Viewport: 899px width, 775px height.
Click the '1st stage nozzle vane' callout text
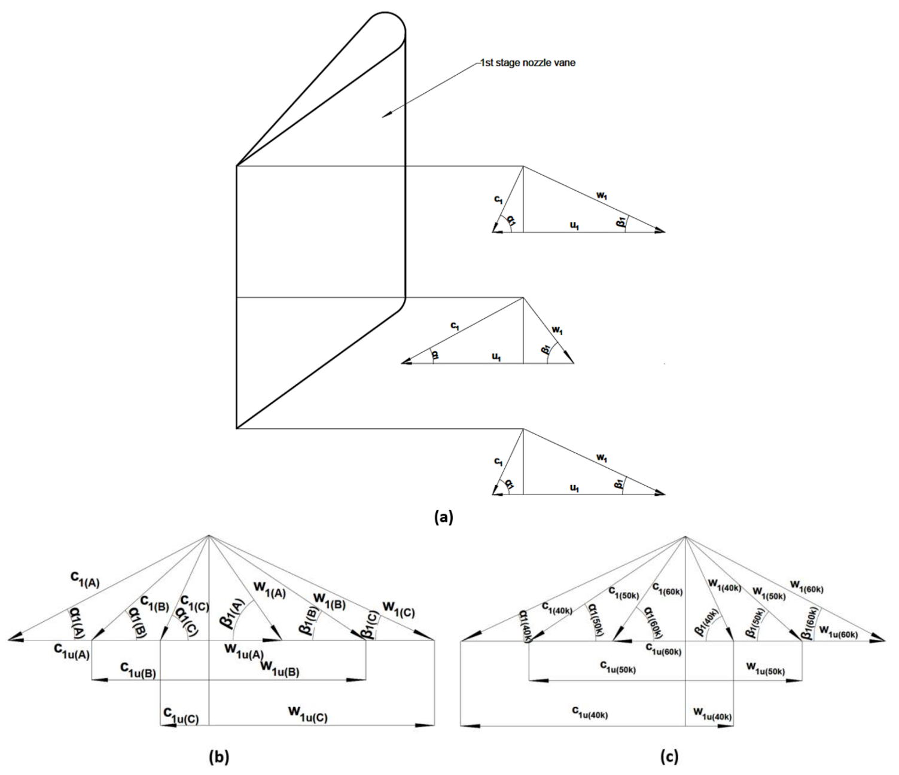528,63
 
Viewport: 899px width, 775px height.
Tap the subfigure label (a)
443,517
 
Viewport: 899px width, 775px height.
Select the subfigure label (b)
218,757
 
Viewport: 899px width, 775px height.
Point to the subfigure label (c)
669,757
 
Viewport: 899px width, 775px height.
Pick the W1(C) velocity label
398,609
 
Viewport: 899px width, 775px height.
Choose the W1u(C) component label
307,713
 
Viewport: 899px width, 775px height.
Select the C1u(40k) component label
590,712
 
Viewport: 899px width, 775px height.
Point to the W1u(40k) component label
712,713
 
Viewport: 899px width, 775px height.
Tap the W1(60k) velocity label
806,586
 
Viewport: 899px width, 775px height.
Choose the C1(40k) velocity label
557,608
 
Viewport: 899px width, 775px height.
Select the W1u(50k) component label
765,668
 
